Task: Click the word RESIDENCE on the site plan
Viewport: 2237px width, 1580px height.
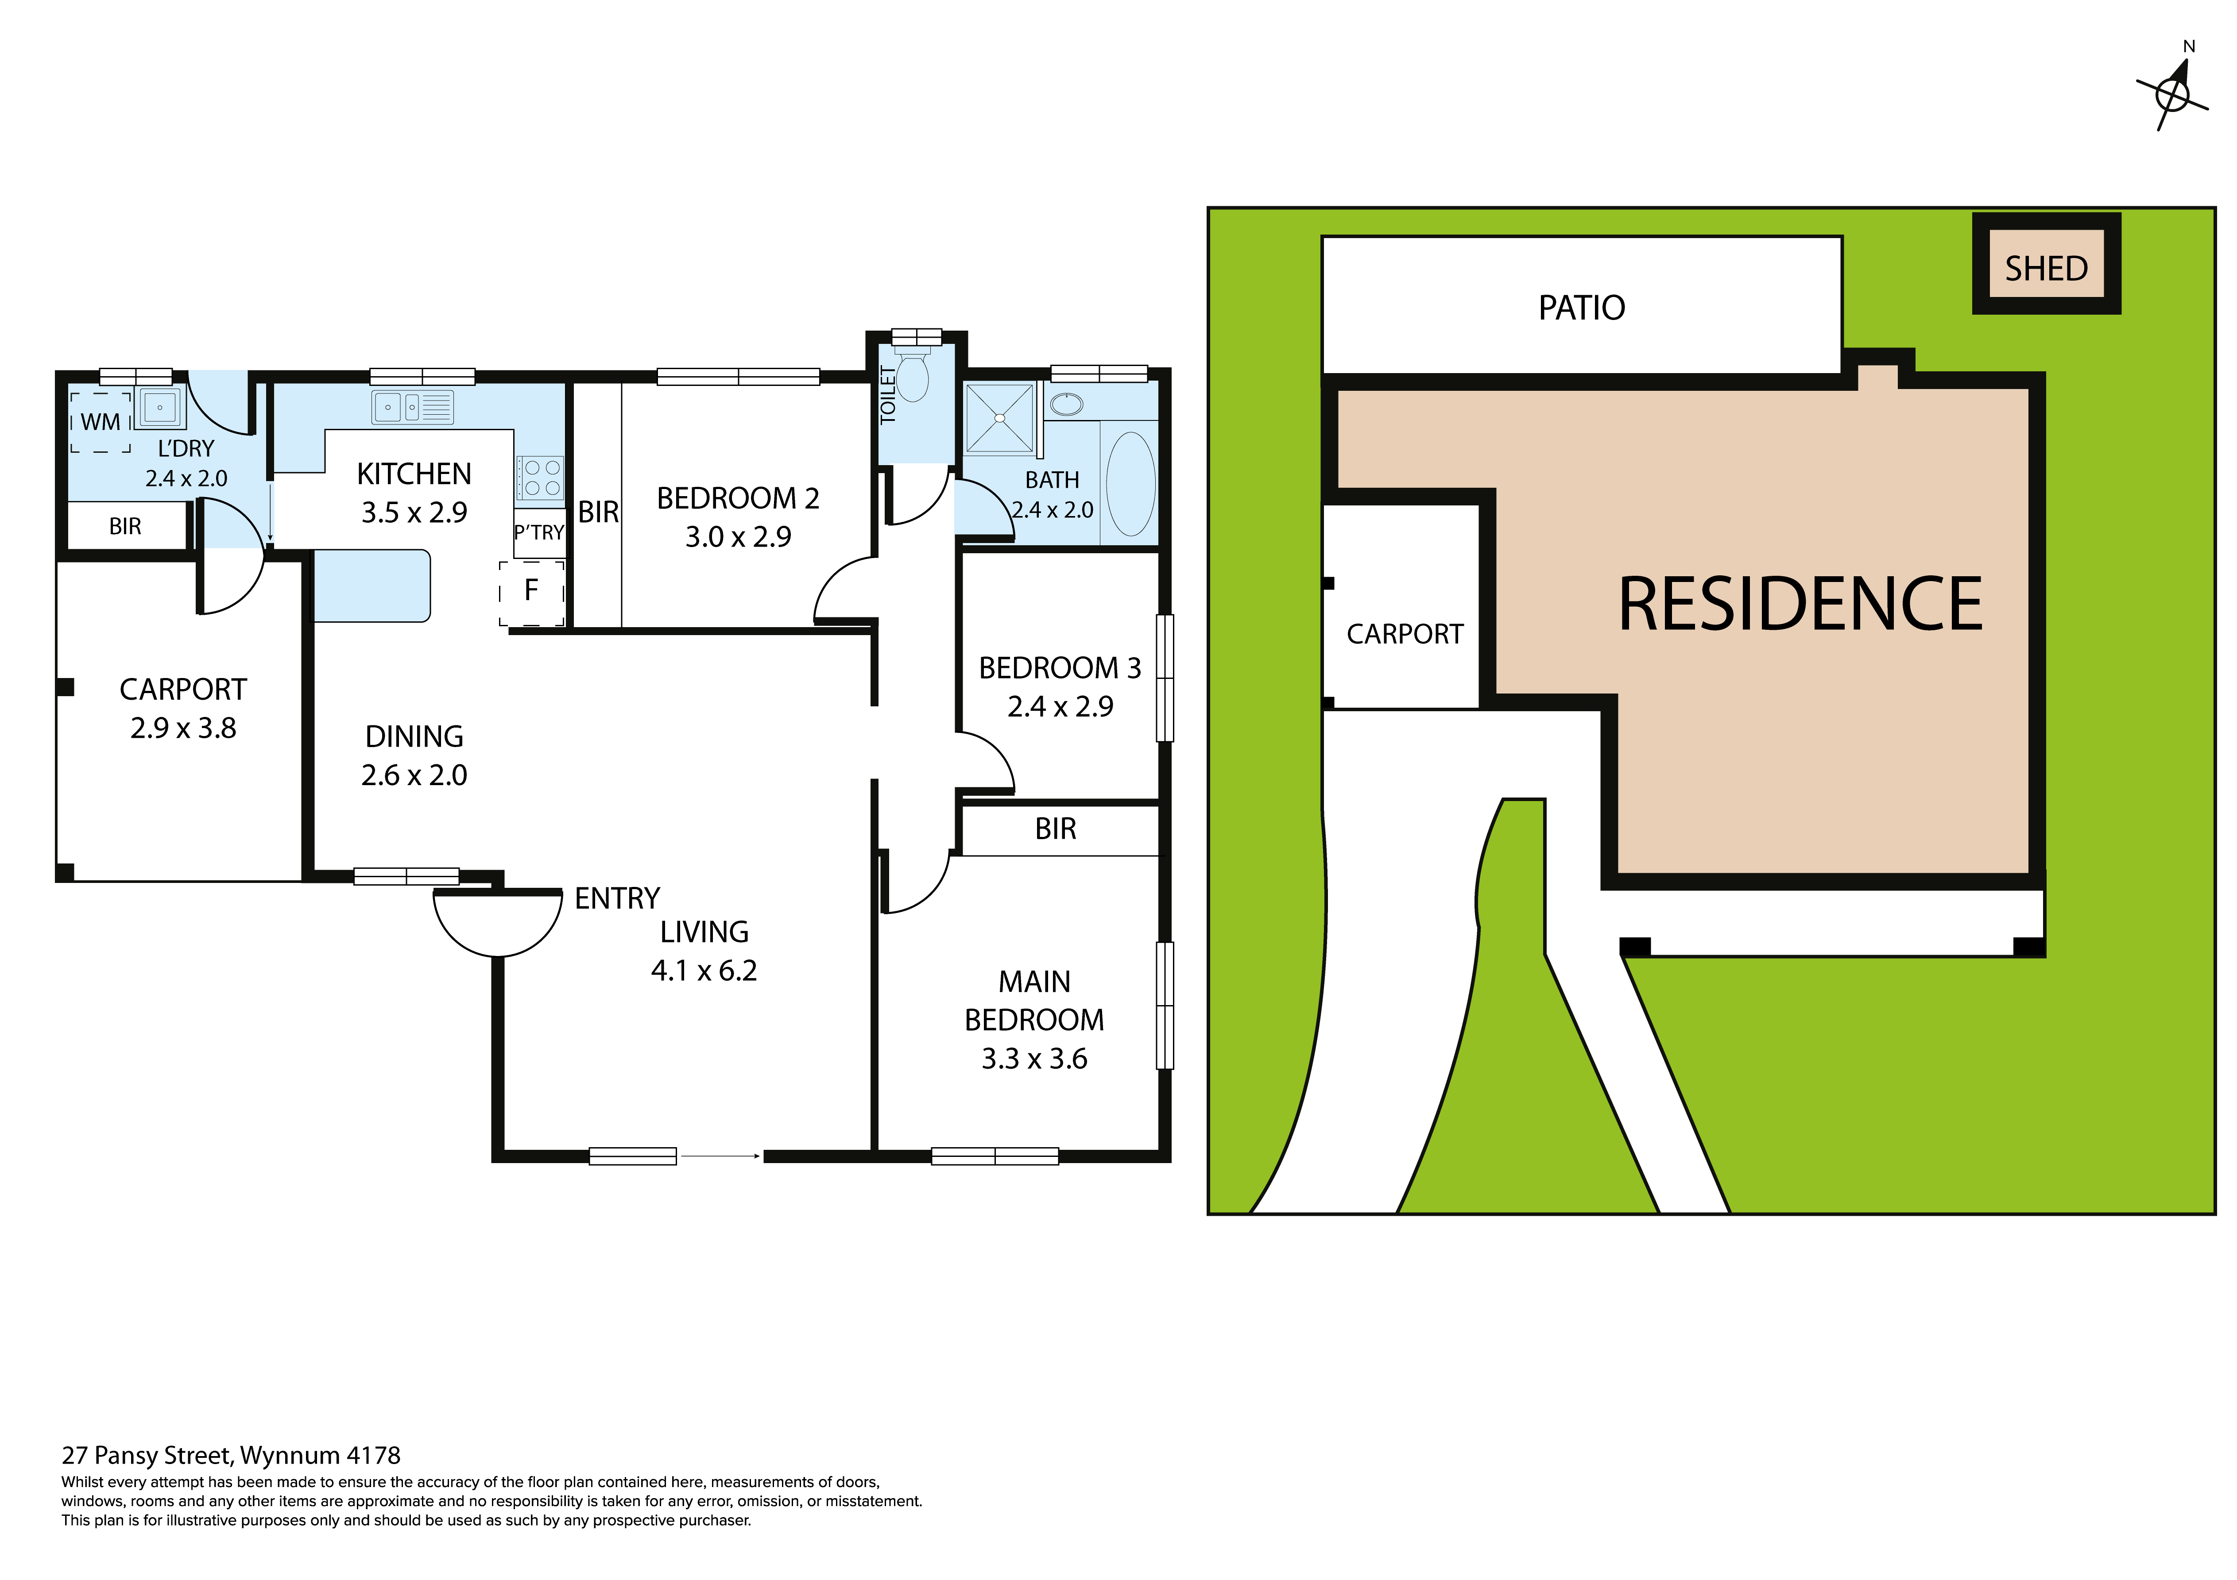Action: coord(1800,605)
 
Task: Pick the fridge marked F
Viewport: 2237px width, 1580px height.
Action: coord(531,590)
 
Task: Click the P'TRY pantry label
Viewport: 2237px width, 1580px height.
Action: coord(539,533)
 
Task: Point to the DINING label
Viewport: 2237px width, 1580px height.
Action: coord(414,736)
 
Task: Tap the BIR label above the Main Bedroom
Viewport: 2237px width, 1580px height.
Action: coord(1055,829)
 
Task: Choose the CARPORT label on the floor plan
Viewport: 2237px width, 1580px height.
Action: coord(183,690)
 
